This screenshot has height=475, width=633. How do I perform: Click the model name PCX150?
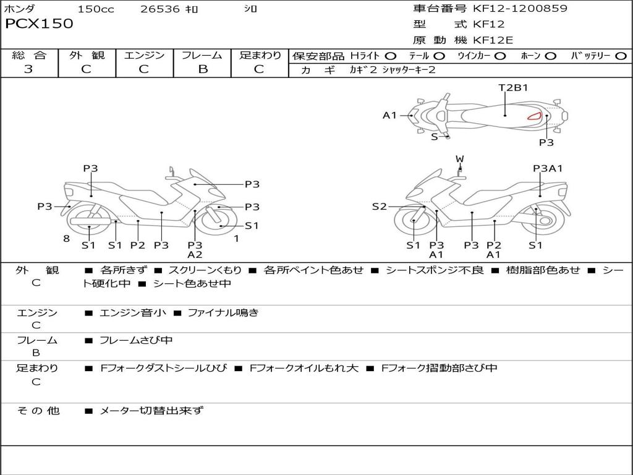tap(39, 24)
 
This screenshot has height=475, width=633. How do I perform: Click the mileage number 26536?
tap(160, 9)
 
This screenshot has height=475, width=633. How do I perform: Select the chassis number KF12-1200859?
tap(520, 9)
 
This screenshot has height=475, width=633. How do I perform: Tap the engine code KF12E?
tap(493, 40)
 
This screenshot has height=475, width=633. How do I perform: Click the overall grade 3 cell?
tap(28, 69)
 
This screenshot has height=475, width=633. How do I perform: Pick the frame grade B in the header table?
tap(202, 69)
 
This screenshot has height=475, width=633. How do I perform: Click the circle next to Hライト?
tap(391, 56)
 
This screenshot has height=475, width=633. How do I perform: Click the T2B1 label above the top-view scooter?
tap(513, 87)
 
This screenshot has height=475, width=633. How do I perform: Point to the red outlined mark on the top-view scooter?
tap(534, 116)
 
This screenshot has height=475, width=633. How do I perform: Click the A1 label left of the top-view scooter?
tap(389, 115)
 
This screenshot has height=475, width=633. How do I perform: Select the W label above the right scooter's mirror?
tap(459, 159)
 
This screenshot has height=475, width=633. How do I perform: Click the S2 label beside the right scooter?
tap(379, 207)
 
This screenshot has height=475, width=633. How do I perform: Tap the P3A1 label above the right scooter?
tap(548, 168)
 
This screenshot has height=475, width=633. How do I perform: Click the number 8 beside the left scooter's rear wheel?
tap(66, 239)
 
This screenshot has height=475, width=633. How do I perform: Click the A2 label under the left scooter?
tap(195, 254)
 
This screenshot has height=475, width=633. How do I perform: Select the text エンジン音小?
tap(133, 313)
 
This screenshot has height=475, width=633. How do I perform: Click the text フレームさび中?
tap(136, 340)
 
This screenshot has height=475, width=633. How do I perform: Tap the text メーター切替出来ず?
tap(151, 410)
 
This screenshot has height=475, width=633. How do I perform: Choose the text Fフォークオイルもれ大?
tap(304, 368)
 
